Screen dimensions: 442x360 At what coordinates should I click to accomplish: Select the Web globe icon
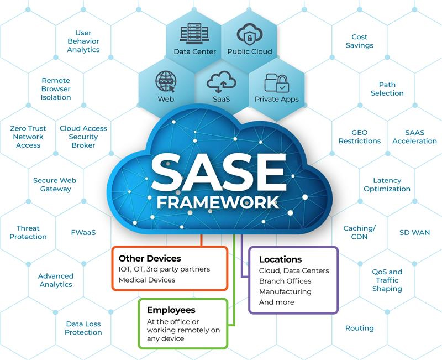pyautogui.click(x=166, y=81)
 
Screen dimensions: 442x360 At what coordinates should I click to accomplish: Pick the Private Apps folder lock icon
pyautogui.click(x=276, y=82)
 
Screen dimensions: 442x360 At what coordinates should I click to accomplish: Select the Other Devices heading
pyautogui.click(x=150, y=258)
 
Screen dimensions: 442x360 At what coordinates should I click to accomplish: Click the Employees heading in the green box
pyautogui.click(x=171, y=310)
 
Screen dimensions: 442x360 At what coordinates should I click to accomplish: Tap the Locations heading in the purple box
pyautogui.click(x=280, y=259)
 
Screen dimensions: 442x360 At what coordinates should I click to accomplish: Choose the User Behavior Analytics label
pyautogui.click(x=83, y=41)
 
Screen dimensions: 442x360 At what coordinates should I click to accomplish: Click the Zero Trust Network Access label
pyautogui.click(x=28, y=137)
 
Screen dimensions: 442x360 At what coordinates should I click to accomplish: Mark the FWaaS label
pyautogui.click(x=83, y=232)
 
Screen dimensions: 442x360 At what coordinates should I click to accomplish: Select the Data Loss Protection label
pyautogui.click(x=83, y=328)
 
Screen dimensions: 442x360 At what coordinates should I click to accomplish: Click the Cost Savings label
pyautogui.click(x=360, y=41)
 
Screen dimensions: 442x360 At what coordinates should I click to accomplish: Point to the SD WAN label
pyautogui.click(x=414, y=232)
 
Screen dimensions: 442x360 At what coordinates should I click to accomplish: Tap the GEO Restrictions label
pyautogui.click(x=360, y=137)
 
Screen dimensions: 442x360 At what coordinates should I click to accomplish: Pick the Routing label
pyautogui.click(x=360, y=328)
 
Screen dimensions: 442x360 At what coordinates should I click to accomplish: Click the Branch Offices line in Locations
pyautogui.click(x=285, y=281)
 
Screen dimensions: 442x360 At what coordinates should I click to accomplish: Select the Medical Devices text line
pyautogui.click(x=146, y=280)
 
